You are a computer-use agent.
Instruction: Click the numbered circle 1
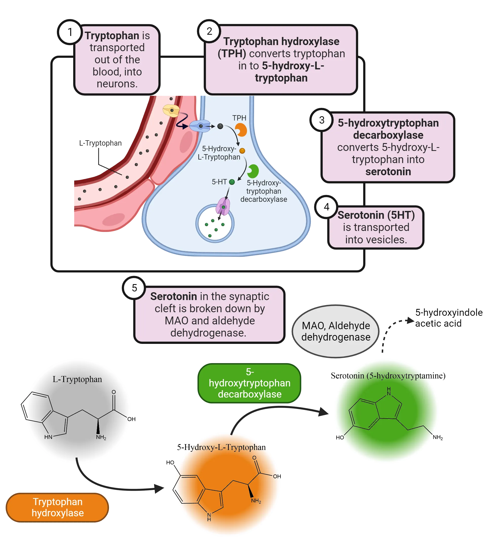click(x=70, y=32)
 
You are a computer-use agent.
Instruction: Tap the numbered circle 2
click(x=209, y=31)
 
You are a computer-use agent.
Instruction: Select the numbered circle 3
click(x=322, y=120)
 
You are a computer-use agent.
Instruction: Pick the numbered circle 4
click(x=327, y=207)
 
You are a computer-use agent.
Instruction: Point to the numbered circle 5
click(x=134, y=288)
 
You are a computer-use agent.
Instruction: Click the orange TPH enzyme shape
click(x=241, y=130)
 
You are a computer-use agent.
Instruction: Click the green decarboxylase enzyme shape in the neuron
click(x=253, y=171)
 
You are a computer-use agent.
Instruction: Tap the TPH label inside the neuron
click(x=239, y=118)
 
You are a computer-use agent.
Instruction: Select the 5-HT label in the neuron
click(x=219, y=182)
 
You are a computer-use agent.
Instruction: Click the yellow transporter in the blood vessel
click(x=171, y=111)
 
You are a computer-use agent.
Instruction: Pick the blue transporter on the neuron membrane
click(x=200, y=126)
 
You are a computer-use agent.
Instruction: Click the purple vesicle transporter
click(x=223, y=206)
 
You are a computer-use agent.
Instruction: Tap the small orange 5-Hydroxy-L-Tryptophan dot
click(x=242, y=151)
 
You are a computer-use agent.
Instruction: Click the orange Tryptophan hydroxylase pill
click(x=58, y=507)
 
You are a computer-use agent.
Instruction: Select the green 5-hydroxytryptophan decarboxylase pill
click(x=250, y=383)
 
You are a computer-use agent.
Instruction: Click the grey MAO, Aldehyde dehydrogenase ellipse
click(x=336, y=331)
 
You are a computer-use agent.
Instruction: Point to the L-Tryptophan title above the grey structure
click(x=77, y=379)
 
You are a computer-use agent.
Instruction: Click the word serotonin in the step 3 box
click(x=388, y=172)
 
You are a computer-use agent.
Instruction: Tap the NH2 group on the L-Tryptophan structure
click(x=101, y=437)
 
